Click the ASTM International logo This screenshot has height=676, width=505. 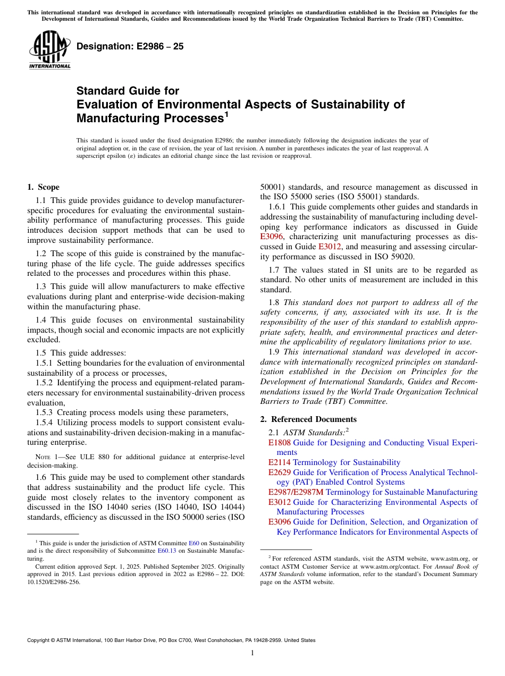(x=49, y=50)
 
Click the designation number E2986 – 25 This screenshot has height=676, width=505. (x=130, y=46)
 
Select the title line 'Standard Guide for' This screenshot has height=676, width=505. (x=128, y=91)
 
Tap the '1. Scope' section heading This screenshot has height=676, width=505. (x=43, y=187)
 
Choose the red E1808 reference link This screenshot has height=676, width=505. (x=279, y=443)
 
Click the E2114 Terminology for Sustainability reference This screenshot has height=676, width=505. (x=334, y=462)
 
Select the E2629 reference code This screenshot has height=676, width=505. (x=279, y=472)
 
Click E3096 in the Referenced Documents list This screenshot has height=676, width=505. (x=279, y=522)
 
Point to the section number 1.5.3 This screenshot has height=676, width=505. (x=44, y=412)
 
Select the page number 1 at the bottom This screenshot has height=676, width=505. (x=252, y=653)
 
